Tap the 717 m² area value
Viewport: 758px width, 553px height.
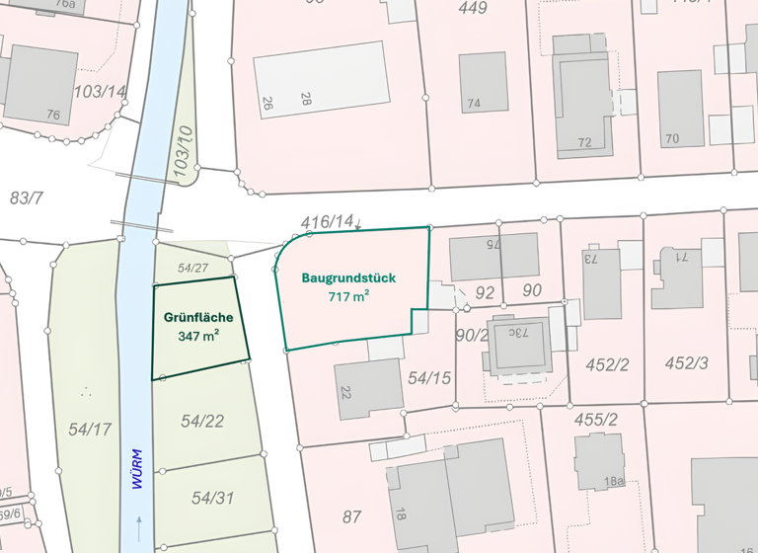(x=348, y=296)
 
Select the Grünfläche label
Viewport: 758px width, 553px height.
(x=199, y=318)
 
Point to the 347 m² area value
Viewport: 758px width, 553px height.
(x=198, y=336)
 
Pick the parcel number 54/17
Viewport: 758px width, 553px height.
(x=90, y=429)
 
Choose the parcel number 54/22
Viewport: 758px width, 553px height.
(x=202, y=422)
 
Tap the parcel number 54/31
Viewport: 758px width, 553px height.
(x=212, y=498)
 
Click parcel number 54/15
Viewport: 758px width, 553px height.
(x=429, y=377)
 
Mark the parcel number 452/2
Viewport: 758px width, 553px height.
(x=607, y=364)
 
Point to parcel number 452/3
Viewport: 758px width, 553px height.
(x=686, y=363)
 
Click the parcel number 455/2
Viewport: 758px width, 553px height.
(x=595, y=420)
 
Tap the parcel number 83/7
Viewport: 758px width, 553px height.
(x=27, y=197)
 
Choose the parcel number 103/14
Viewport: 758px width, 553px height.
(x=100, y=92)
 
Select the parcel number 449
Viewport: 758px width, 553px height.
(x=473, y=9)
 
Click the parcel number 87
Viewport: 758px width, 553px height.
(x=352, y=516)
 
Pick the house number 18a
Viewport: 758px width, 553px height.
(x=616, y=481)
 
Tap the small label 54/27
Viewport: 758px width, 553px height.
(x=193, y=268)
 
